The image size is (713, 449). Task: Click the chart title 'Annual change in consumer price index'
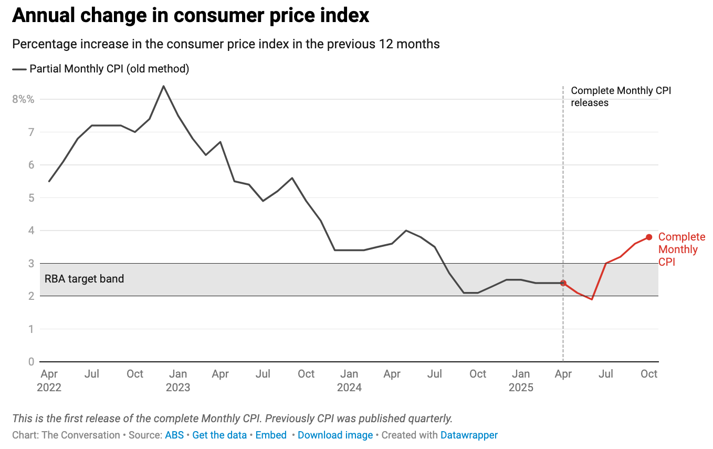[191, 16]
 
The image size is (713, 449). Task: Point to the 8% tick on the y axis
[23, 99]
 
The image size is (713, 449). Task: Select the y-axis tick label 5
[31, 198]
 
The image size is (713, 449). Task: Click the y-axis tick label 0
[31, 362]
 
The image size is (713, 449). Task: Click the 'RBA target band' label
[84, 279]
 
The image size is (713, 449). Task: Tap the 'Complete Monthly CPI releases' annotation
[621, 97]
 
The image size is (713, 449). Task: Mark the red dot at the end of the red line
[649, 237]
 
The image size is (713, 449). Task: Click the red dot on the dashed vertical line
[563, 283]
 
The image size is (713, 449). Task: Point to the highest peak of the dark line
[163, 86]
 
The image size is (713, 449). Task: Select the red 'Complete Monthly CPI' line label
[681, 249]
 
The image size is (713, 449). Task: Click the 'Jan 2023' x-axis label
[178, 381]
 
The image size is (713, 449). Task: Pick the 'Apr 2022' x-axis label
[49, 381]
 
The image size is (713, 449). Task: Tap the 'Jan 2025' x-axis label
[520, 381]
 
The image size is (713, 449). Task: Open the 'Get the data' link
[219, 435]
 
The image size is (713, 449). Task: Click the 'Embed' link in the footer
[271, 435]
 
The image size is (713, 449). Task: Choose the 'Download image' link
[335, 435]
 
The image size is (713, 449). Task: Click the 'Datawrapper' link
[469, 435]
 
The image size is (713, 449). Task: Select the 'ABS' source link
[174, 435]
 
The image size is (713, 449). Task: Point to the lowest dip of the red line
[592, 299]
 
